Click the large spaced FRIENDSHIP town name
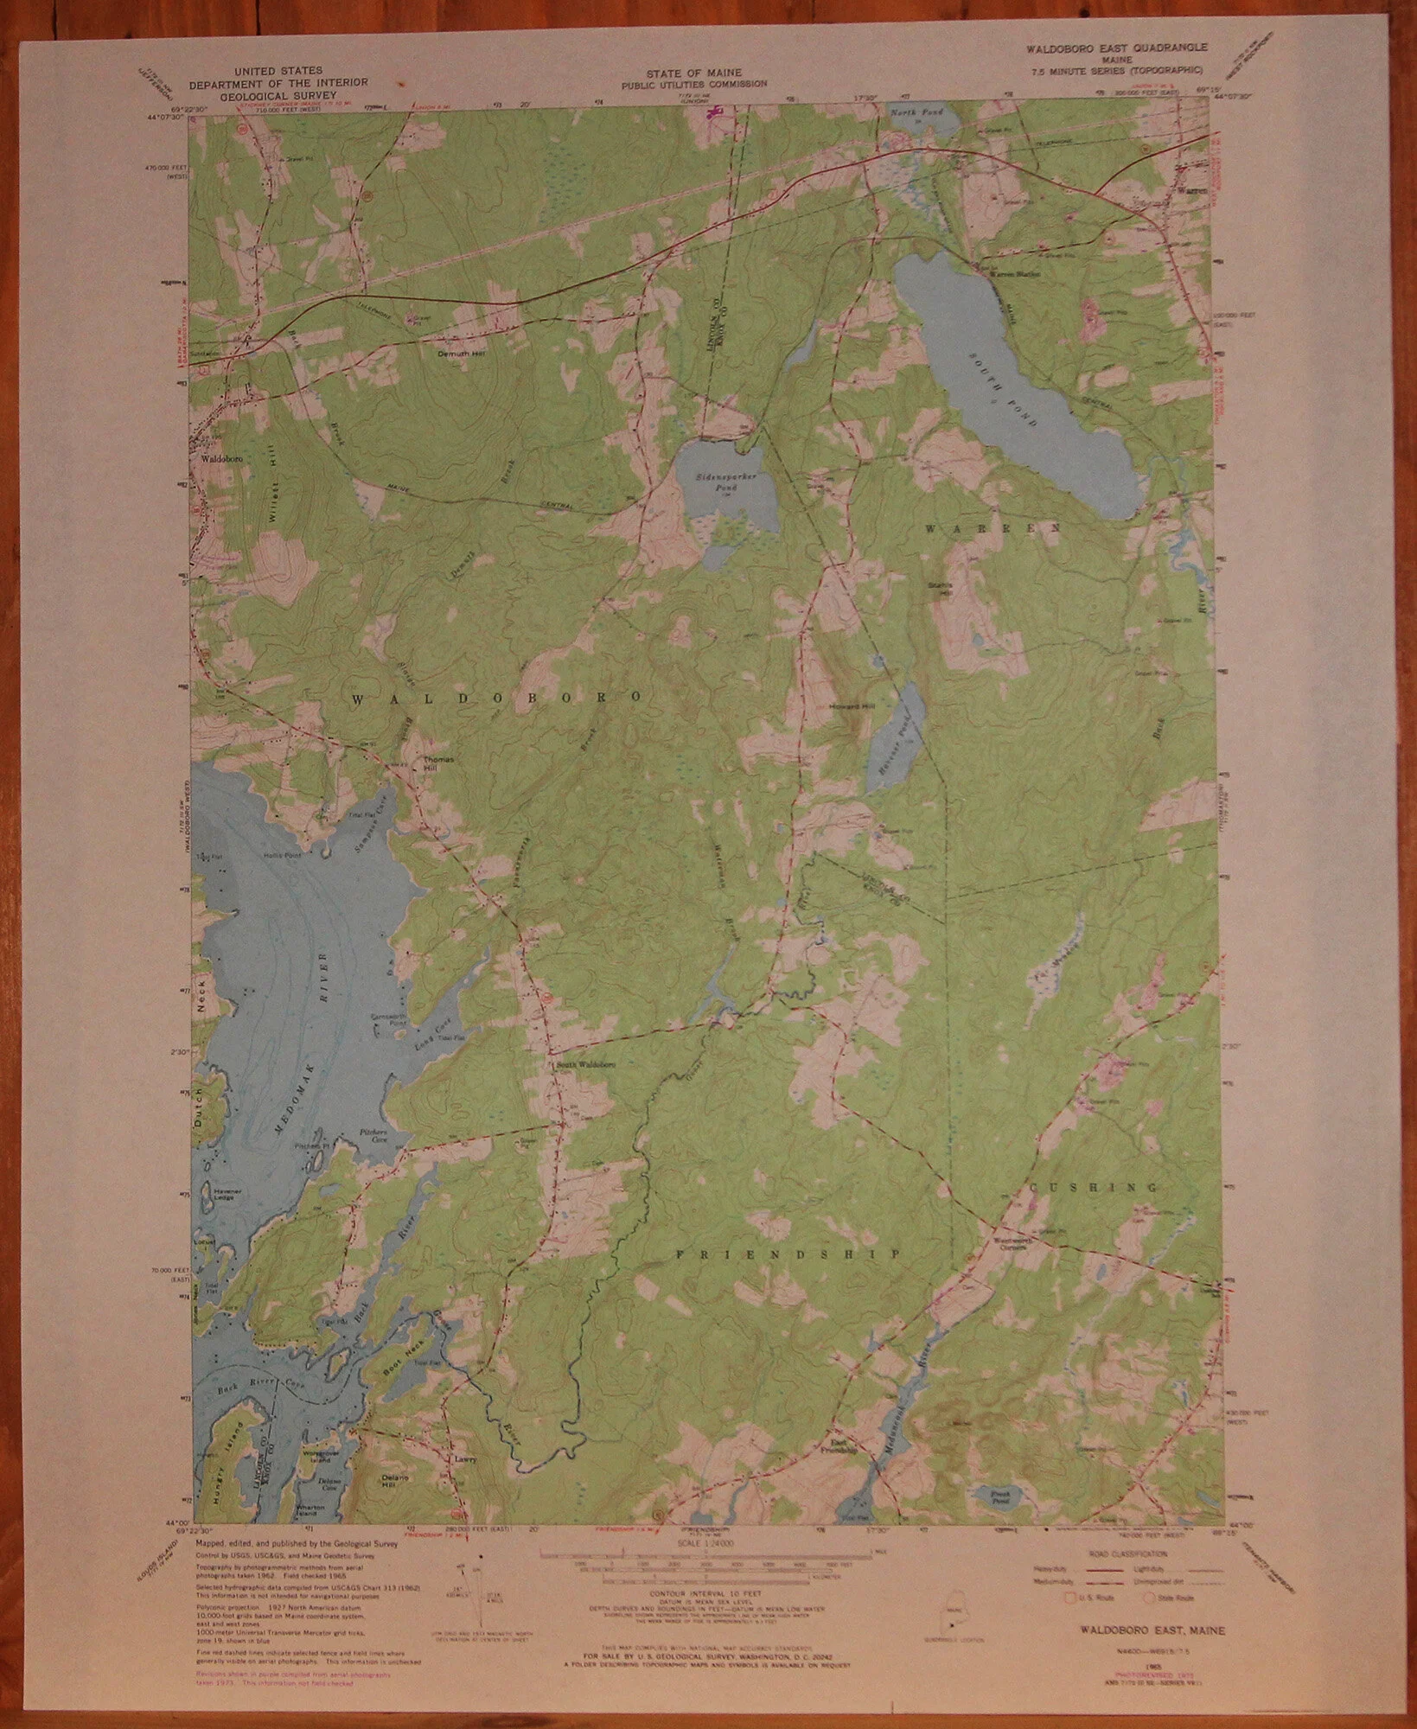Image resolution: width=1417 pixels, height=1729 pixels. (788, 1254)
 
